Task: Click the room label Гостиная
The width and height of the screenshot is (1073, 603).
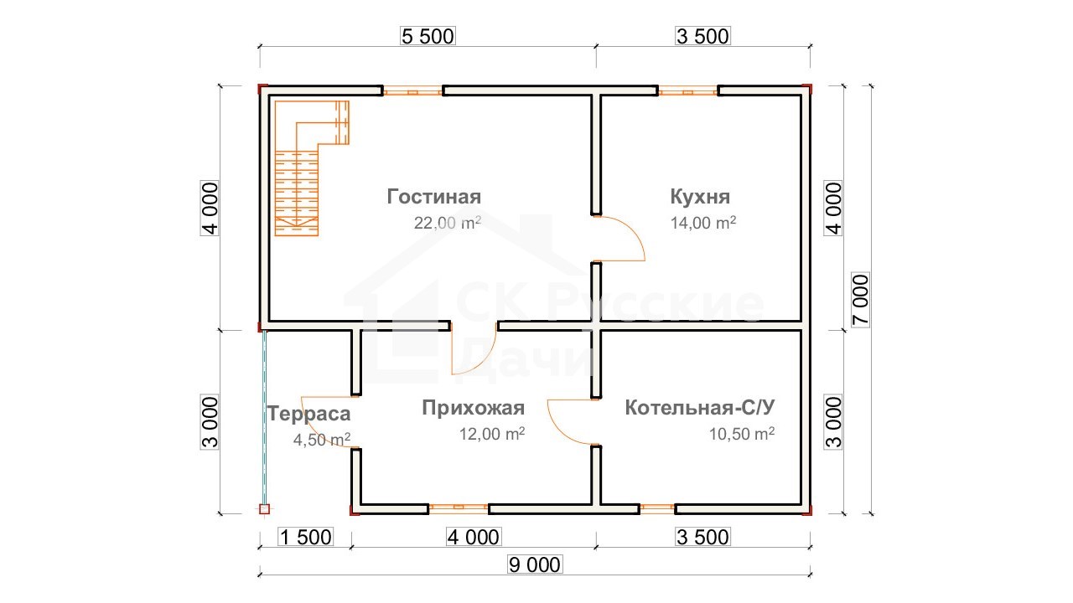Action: coord(434,197)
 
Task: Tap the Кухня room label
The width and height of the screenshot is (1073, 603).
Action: coord(700,197)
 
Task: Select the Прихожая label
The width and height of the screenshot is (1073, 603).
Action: coord(474,408)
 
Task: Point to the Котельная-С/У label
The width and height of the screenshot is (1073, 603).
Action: coord(700,408)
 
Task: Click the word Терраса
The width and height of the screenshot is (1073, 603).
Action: coord(309,414)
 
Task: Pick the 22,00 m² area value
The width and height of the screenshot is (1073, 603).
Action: coord(448,223)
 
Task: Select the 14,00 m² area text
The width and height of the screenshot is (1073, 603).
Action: coord(703,223)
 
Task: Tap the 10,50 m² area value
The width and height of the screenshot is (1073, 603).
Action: coord(742,434)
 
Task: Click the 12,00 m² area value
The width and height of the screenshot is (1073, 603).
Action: coord(492,434)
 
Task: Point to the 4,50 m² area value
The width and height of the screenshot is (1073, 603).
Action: coord(322,440)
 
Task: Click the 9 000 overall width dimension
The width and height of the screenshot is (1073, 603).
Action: coord(535,565)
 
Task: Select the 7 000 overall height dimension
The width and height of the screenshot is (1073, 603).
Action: coord(861,300)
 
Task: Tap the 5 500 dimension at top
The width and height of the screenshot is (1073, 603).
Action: coord(428,36)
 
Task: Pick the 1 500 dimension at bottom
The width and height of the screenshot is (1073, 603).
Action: coord(306,538)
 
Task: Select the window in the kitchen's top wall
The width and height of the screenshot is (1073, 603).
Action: coord(688,91)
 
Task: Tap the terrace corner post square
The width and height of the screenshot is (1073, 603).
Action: coord(264,509)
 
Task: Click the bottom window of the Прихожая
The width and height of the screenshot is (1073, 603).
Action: coord(459,508)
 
